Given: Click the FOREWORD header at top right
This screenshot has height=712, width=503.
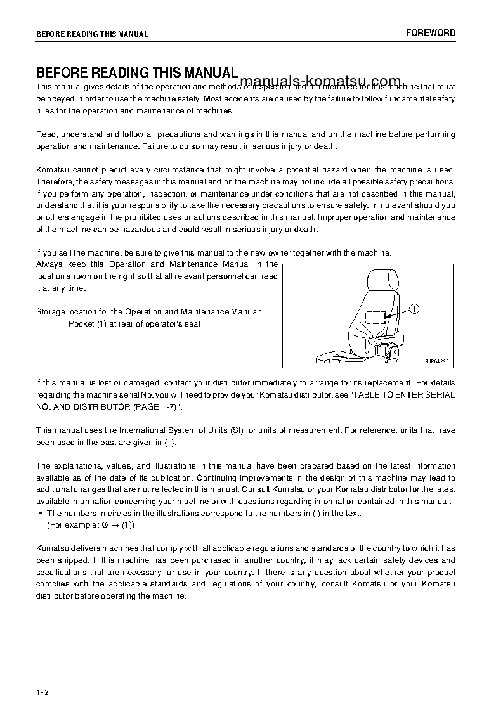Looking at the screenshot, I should point(431,33).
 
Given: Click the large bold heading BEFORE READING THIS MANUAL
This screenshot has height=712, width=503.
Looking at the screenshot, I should point(136,73).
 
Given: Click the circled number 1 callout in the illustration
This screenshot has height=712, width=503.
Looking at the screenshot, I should point(414,309).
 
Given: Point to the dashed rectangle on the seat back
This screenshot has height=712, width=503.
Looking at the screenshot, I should point(376,317).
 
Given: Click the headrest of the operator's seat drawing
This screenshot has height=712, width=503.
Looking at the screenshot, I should point(382,280).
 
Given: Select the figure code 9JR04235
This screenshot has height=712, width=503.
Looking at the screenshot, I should point(436,361).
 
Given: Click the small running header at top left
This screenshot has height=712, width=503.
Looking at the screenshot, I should point(92,34).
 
